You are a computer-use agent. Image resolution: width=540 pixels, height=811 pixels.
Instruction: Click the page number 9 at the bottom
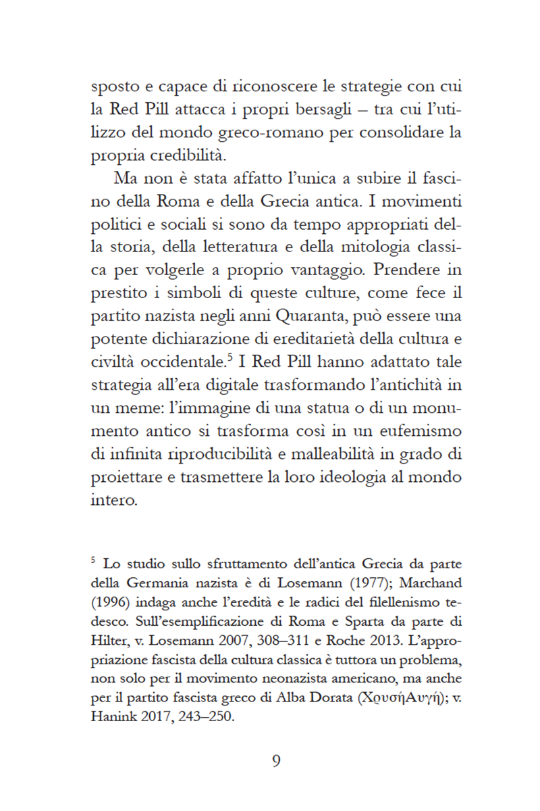click(276, 761)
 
